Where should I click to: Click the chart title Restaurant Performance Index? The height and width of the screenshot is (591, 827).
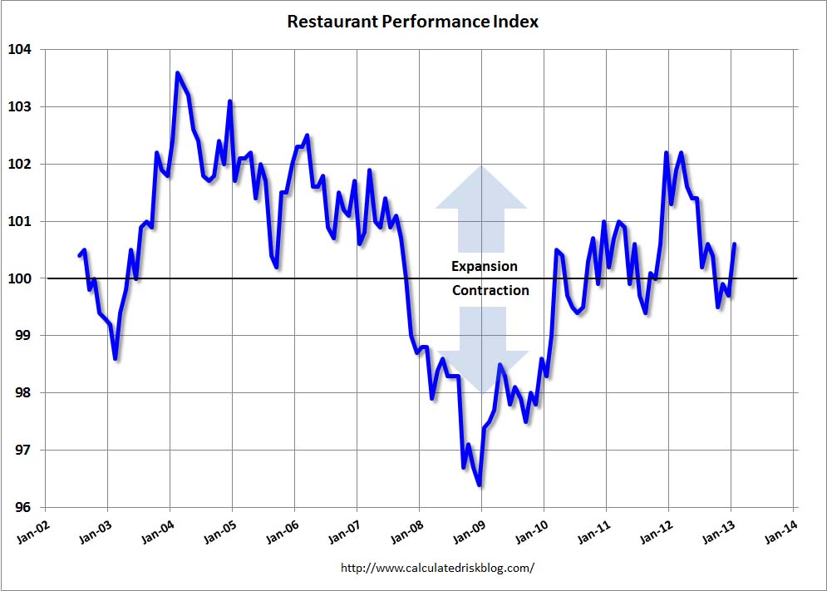[412, 22]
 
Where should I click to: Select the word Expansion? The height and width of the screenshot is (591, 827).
[484, 267]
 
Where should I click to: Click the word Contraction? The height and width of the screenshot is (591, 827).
[490, 291]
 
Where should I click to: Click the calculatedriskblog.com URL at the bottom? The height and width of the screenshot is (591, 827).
[437, 569]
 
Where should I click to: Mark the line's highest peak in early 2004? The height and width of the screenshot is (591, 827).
[178, 73]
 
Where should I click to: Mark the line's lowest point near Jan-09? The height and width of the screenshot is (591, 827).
[480, 485]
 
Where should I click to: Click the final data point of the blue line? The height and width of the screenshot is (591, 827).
[735, 244]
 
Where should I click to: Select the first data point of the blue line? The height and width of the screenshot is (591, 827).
[80, 255]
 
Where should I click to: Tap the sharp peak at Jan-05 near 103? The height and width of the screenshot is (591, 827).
[230, 101]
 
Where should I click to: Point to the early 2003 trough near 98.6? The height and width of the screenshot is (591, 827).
[116, 358]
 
